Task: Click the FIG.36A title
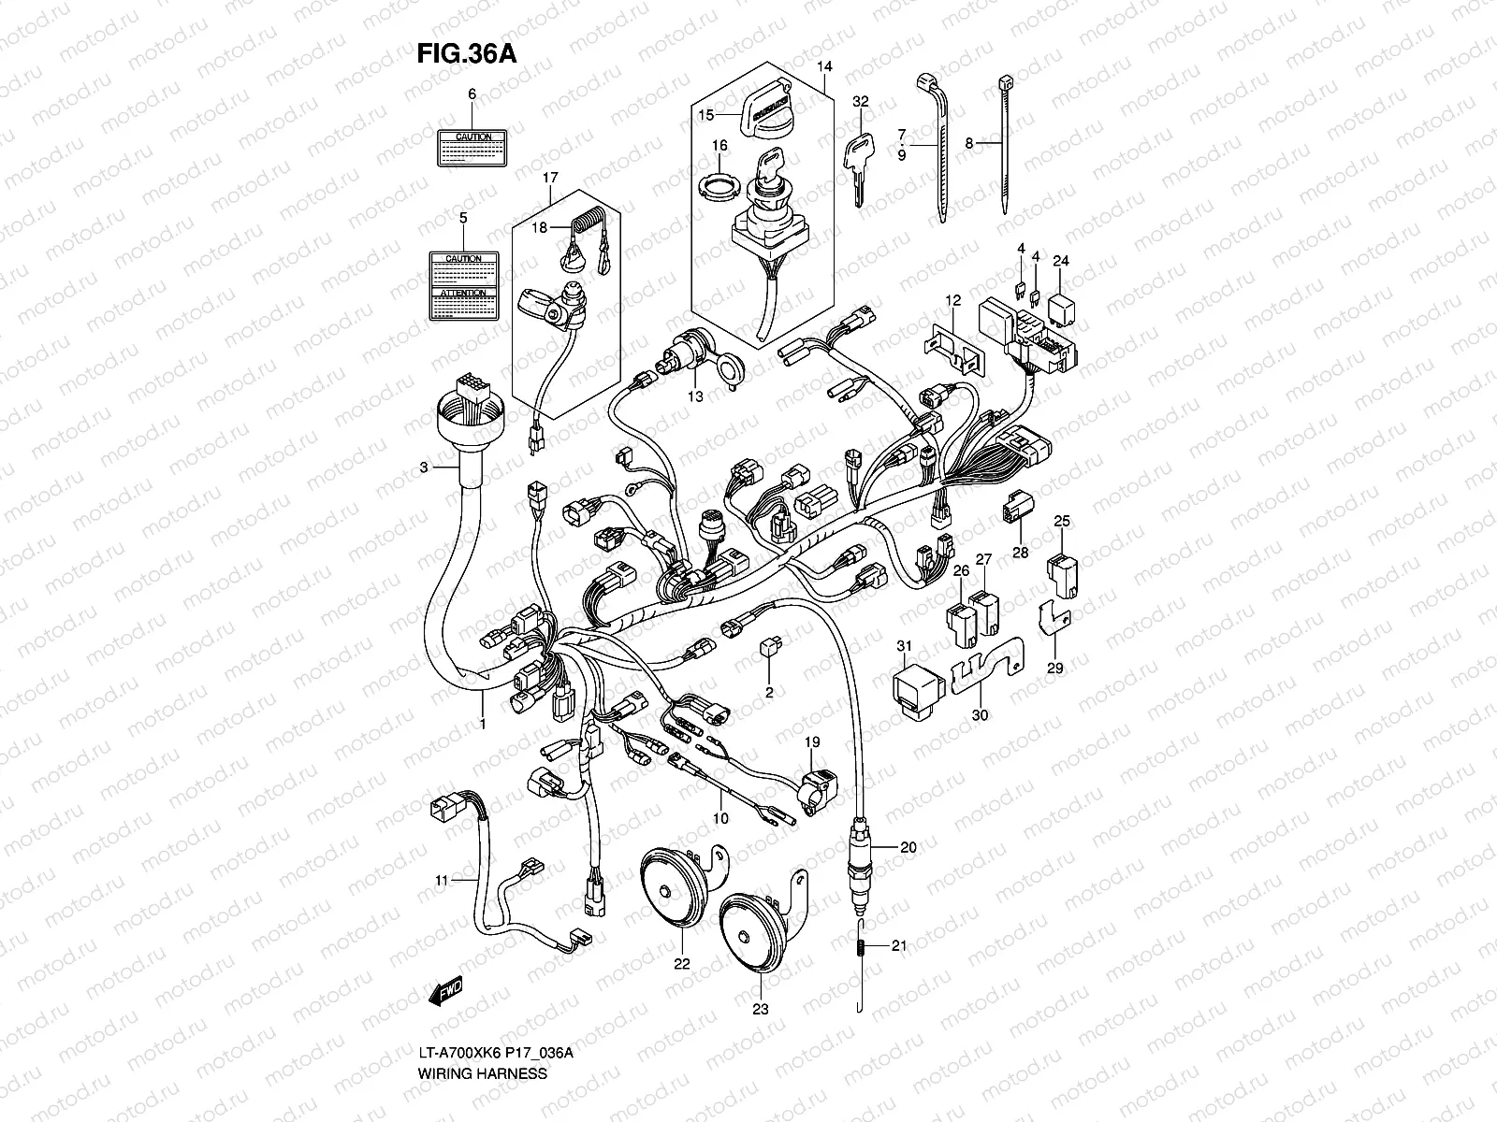[466, 53]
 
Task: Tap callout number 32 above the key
[861, 101]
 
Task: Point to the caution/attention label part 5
[463, 284]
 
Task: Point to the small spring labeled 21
[859, 947]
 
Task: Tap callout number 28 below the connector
[1020, 553]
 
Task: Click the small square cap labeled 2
[772, 644]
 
